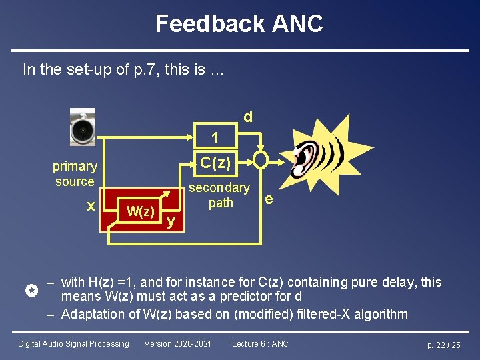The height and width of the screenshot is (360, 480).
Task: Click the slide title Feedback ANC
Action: (x=239, y=24)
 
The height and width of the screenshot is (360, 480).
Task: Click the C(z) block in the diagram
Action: (x=215, y=161)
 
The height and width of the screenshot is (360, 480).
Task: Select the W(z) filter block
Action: (x=141, y=212)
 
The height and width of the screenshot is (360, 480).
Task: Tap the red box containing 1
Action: (x=215, y=137)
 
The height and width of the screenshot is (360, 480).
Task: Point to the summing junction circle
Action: (x=260, y=161)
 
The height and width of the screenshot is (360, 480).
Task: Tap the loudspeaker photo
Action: (x=83, y=127)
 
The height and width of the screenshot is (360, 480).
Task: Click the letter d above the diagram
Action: (x=247, y=117)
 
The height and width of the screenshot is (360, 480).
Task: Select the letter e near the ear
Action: (x=268, y=198)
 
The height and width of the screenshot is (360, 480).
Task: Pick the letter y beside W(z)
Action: (x=171, y=220)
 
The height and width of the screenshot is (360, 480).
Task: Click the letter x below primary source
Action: (x=91, y=207)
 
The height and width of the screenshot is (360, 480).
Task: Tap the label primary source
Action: (x=75, y=173)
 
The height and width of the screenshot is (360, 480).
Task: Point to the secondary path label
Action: (x=219, y=195)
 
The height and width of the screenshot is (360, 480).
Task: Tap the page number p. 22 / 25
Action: (x=444, y=345)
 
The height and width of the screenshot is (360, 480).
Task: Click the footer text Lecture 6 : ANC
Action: (x=260, y=344)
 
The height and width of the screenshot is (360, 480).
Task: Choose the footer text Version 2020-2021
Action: (x=178, y=344)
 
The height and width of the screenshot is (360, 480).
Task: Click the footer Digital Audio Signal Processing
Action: (x=73, y=344)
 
